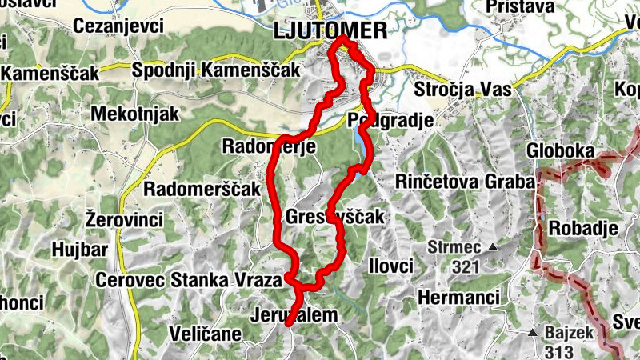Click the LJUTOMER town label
(x=329, y=31)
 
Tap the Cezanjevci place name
(x=118, y=26)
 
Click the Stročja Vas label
(x=463, y=90)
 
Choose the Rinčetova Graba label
(x=464, y=182)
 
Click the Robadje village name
(x=583, y=228)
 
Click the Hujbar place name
(x=79, y=250)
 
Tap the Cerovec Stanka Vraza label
(x=188, y=280)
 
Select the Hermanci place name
(x=458, y=298)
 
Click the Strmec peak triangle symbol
(x=494, y=247)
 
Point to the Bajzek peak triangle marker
(x=532, y=331)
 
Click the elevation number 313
(x=560, y=350)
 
